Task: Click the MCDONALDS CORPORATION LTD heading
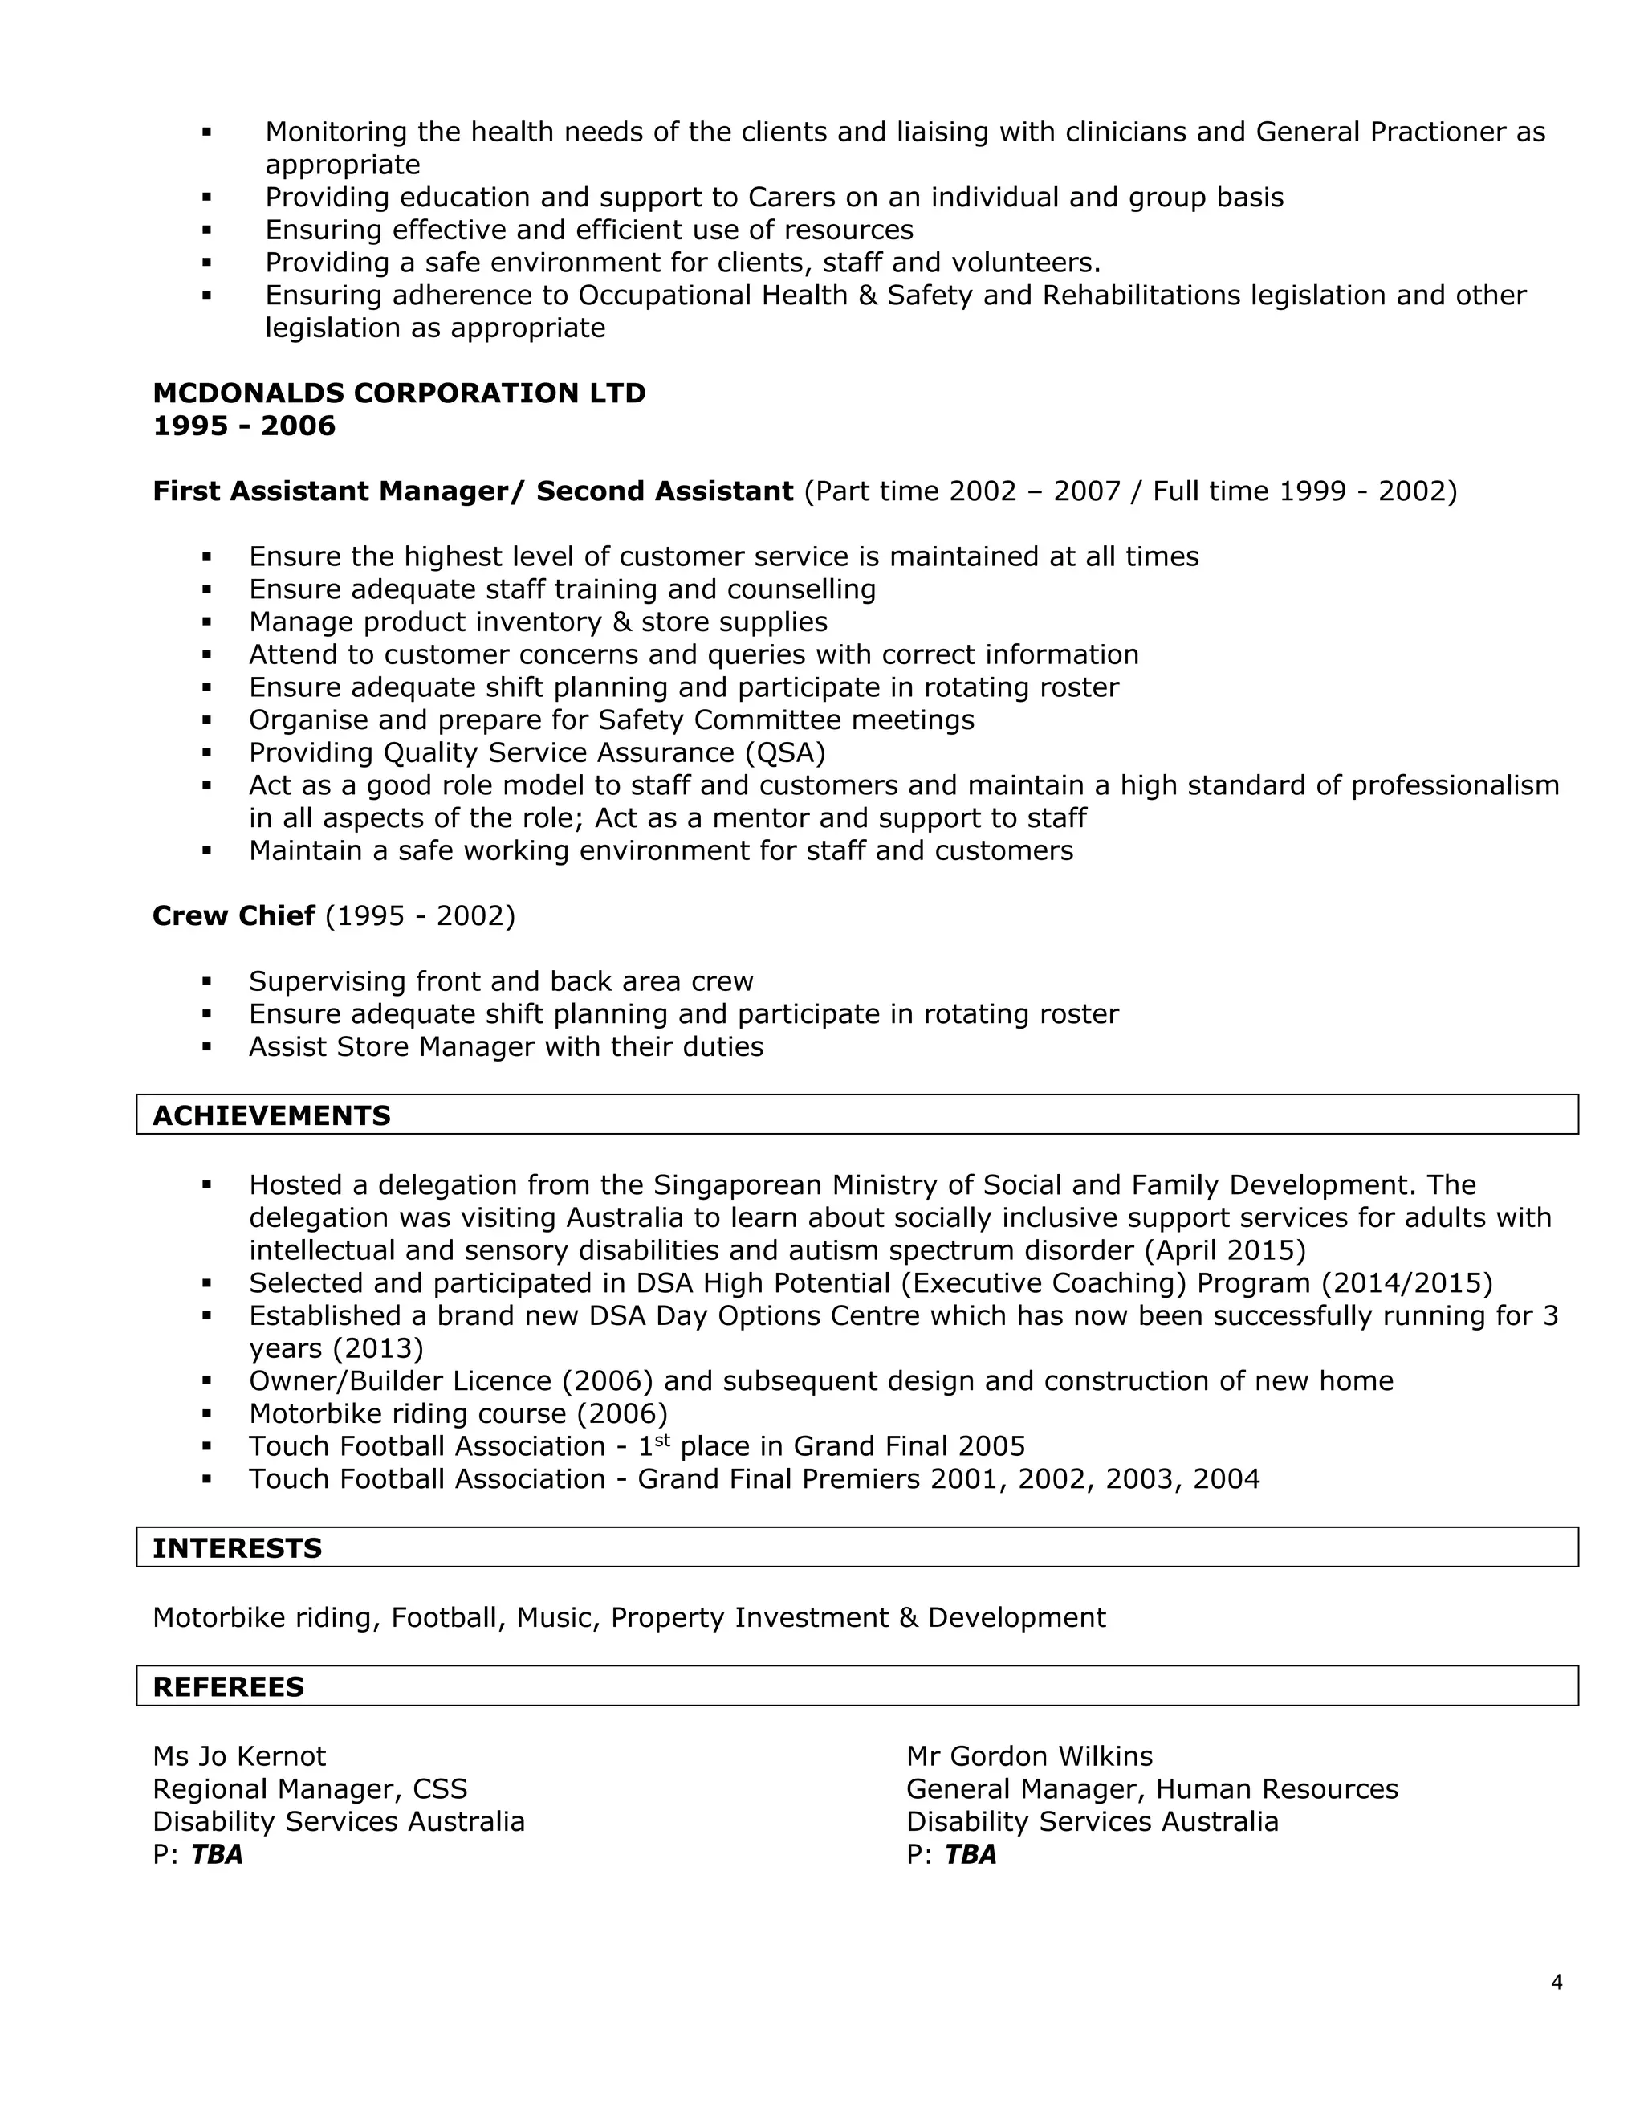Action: [x=399, y=393]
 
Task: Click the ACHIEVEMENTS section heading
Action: [x=272, y=1115]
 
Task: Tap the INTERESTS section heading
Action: [x=237, y=1548]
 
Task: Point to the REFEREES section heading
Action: [x=228, y=1686]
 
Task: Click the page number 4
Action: [x=1557, y=1982]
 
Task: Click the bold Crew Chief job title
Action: [x=234, y=916]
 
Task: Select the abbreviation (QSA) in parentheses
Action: [x=784, y=752]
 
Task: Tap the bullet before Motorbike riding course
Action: [x=206, y=1414]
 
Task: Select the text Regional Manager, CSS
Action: [x=310, y=1789]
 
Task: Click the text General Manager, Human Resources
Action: [x=1151, y=1789]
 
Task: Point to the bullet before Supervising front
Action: [x=206, y=981]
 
